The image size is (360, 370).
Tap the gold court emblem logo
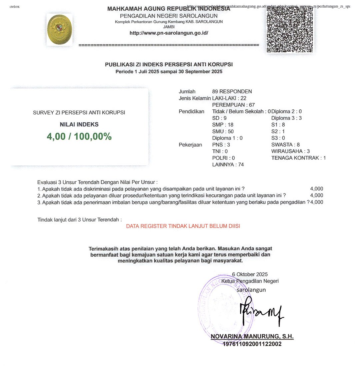coord(60,30)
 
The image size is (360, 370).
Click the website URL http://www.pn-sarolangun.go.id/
coord(169,33)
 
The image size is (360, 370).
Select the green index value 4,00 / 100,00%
coord(79,137)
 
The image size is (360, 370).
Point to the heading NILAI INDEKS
coord(79,125)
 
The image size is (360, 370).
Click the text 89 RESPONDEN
coord(232,91)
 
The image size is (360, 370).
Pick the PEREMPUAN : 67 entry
coord(233,105)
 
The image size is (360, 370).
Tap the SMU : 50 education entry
coord(223,131)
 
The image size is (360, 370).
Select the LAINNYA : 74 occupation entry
coord(228,164)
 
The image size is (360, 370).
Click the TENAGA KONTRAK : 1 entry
coord(298,158)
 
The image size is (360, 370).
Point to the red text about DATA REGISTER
coord(183,226)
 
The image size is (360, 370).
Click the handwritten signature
coord(260,312)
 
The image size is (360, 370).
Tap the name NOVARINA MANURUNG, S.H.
coord(252,337)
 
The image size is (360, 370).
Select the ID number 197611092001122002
coord(252,344)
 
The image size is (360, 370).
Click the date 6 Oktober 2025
coord(250,274)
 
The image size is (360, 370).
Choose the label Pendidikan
coord(191,111)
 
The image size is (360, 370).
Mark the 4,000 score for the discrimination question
coord(316,189)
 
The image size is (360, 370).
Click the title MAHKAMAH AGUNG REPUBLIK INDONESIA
coord(169,9)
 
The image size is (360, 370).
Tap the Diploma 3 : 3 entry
coord(286,118)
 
